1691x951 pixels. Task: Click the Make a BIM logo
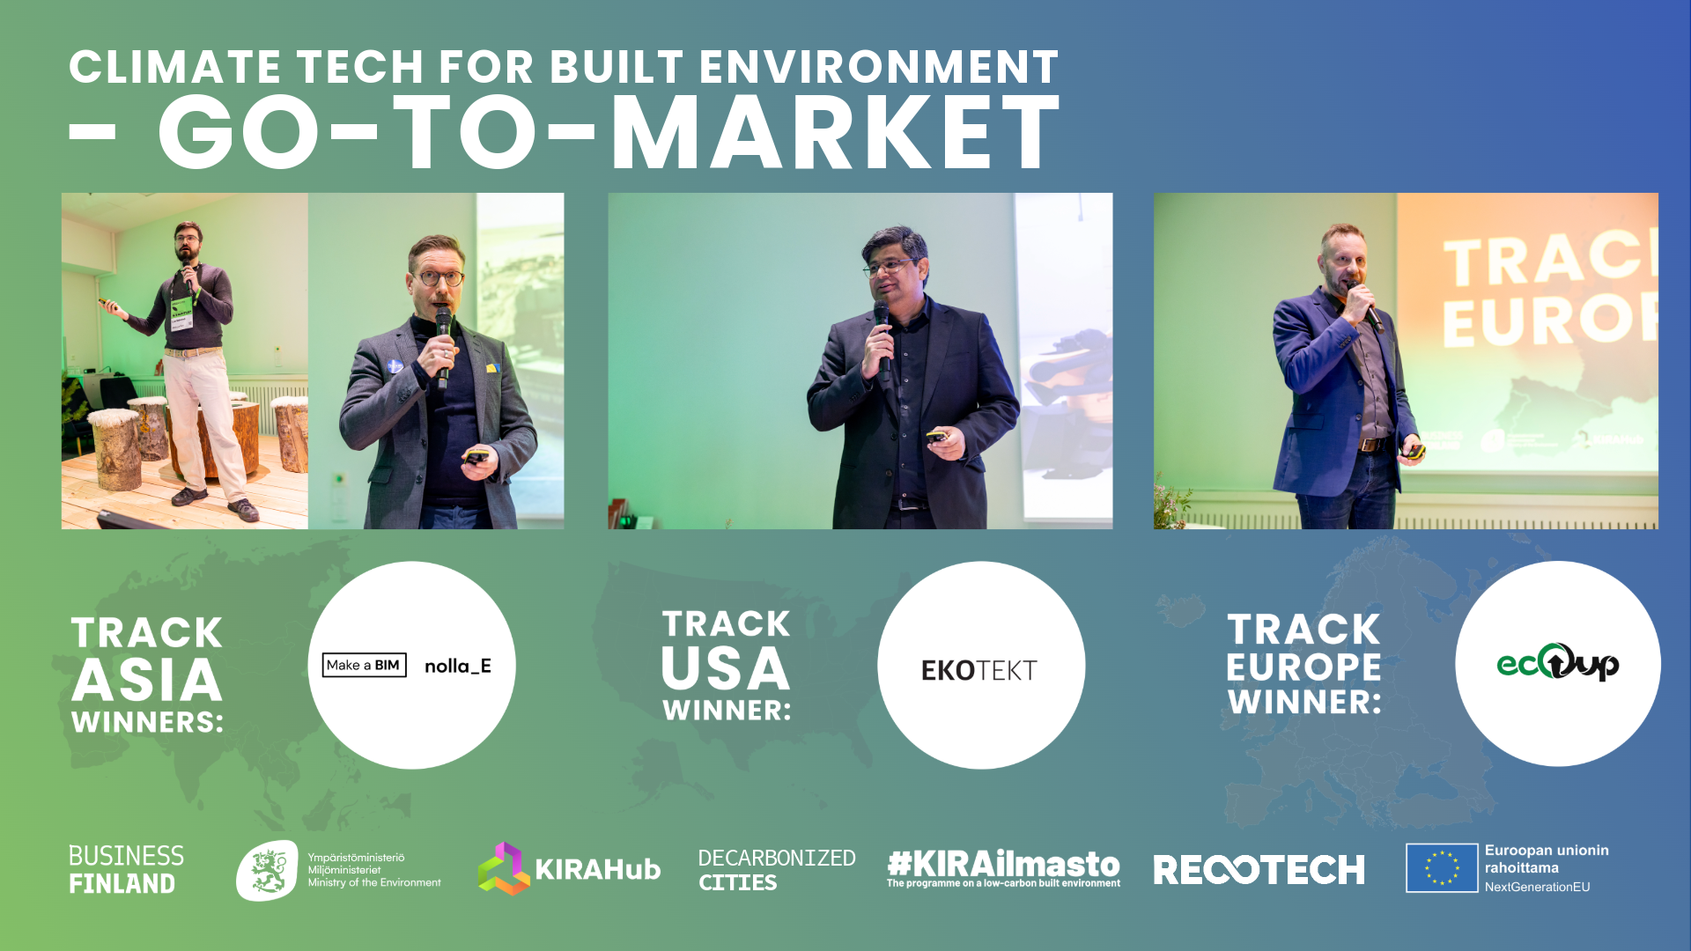pos(365,665)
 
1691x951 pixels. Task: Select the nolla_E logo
pos(458,666)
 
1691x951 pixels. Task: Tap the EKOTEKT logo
pos(978,670)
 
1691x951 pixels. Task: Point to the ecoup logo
pos(1557,662)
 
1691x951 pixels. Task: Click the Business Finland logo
pos(126,869)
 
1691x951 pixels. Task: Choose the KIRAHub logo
pos(569,868)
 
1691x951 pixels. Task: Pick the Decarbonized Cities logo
pos(776,869)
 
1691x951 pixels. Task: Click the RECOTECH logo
pos(1259,870)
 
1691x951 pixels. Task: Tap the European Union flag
pos(1442,868)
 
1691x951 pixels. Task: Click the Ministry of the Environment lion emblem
pos(268,870)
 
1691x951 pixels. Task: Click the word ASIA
pos(147,681)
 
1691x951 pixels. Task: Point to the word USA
pos(726,668)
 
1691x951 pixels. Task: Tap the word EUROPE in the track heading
pos(1303,667)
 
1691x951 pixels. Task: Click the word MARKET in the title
pos(836,132)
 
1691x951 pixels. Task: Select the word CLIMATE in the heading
pos(174,67)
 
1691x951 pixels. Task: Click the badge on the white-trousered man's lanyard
pos(181,313)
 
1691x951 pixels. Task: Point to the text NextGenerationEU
pos(1537,887)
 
